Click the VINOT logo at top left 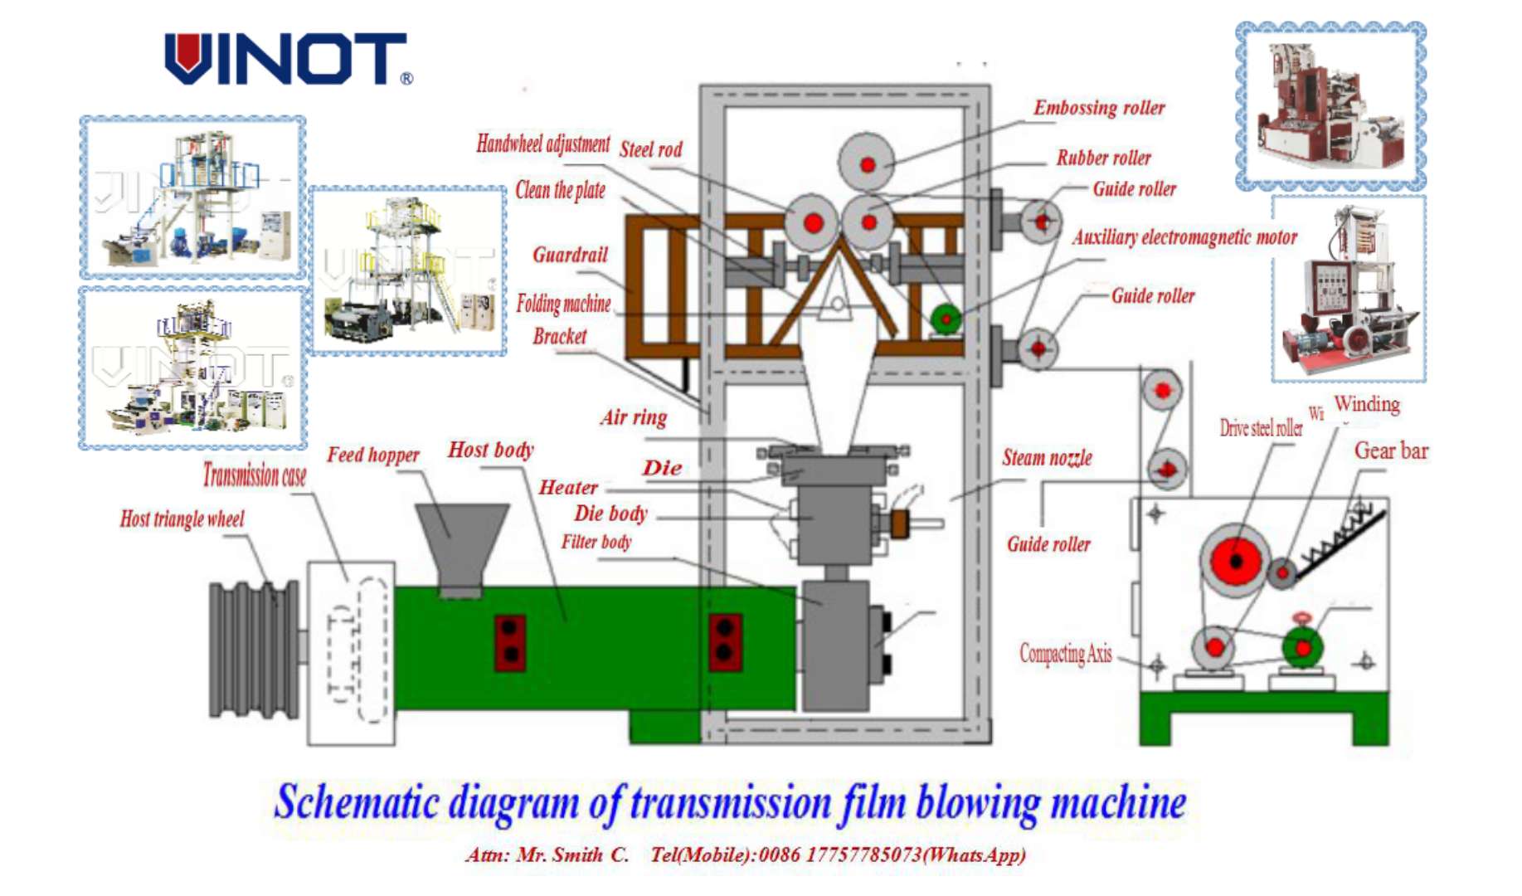287,59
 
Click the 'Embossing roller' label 1098,108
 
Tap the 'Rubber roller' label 1103,158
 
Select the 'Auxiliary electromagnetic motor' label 1184,237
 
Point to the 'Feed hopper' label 372,455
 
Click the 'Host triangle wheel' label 182,519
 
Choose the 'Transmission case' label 254,475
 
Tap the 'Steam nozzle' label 1047,458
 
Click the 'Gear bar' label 1390,451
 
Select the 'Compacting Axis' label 1065,654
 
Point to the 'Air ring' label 634,417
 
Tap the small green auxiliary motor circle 946,318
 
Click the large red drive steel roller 1235,561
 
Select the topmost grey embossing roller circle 867,163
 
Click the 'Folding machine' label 563,304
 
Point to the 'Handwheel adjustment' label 542,144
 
